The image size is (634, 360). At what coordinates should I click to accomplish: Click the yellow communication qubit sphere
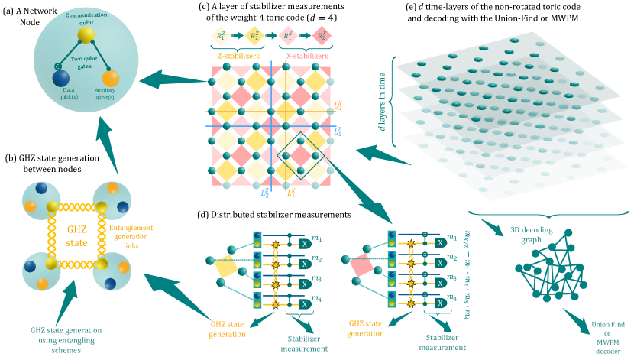[x=86, y=36]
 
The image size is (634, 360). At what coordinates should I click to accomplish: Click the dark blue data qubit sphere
[x=62, y=79]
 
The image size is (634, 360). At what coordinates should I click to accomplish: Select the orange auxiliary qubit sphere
[x=111, y=78]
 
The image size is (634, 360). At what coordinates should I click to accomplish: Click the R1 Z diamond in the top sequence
[x=221, y=35]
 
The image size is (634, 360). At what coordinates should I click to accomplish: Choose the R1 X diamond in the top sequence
[x=289, y=35]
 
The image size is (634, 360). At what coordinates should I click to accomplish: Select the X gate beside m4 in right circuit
[x=439, y=303]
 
